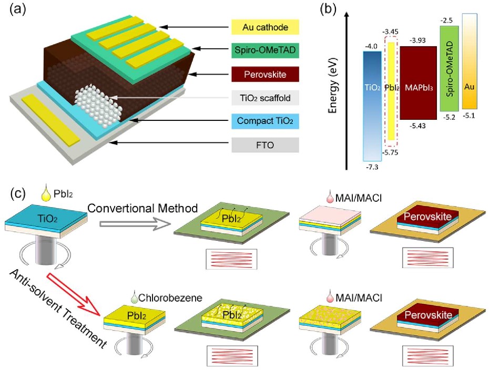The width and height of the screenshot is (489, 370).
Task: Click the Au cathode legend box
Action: (265, 27)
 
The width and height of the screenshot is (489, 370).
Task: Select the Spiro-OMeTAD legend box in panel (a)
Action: (265, 50)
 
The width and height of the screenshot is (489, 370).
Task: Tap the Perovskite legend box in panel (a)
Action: (265, 74)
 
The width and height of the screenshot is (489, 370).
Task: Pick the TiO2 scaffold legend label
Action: (265, 98)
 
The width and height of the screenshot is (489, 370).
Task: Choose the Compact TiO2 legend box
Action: (265, 121)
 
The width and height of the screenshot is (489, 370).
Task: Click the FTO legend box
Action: (265, 145)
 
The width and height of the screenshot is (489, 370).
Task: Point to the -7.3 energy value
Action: (372, 167)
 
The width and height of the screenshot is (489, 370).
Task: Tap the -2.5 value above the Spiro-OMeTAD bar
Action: (446, 20)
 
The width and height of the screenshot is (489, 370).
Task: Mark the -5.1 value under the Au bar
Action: (469, 116)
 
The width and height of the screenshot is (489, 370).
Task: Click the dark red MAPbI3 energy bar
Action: (418, 83)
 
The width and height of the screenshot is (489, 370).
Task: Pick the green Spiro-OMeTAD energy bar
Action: (449, 68)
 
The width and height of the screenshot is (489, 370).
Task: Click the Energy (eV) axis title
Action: (333, 85)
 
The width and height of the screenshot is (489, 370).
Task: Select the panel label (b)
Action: (329, 10)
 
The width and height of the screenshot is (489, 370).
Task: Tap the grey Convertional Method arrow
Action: (135, 224)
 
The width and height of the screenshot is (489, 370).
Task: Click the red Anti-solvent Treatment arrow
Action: (74, 294)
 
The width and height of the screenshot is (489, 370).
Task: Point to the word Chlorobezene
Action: (170, 297)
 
